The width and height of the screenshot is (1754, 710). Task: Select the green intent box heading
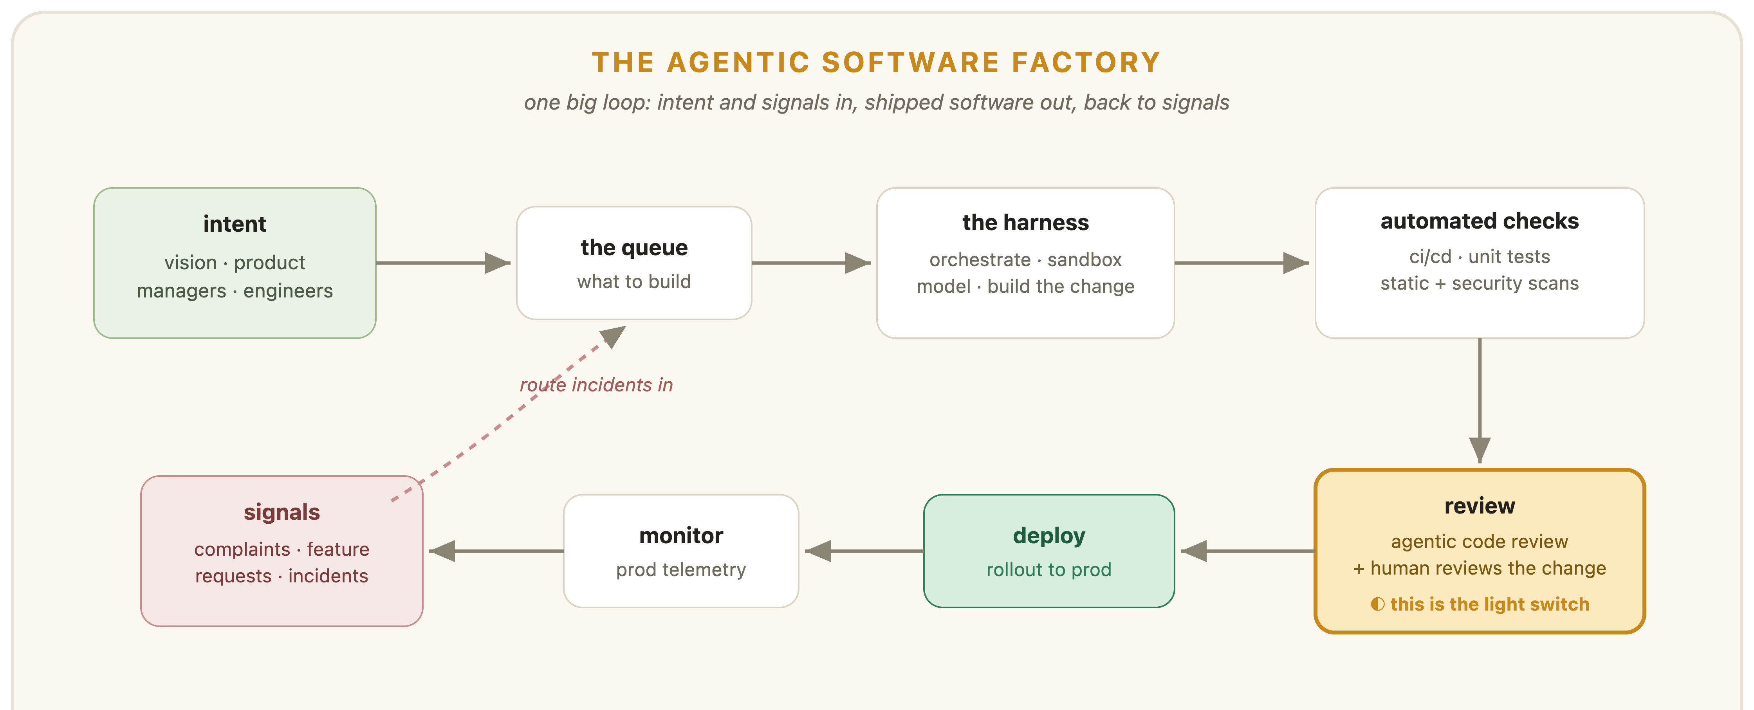tap(235, 224)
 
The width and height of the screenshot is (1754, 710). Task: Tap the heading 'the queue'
tap(634, 248)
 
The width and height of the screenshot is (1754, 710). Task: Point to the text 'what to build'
tap(634, 282)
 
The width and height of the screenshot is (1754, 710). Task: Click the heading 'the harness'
tap(1025, 223)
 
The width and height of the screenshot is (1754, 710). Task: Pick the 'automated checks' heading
tap(1480, 221)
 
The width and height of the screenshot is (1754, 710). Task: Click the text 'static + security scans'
tap(1480, 283)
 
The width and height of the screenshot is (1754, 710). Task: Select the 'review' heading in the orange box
tap(1480, 506)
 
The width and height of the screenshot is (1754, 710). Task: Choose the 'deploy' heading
tap(1048, 537)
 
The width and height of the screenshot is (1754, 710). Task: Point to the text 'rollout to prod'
tap(1048, 570)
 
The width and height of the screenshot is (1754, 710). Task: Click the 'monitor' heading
tap(681, 537)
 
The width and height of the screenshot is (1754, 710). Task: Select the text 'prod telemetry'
tap(681, 570)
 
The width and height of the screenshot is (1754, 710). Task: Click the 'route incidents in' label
tap(596, 385)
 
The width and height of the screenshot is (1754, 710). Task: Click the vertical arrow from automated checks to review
tap(1480, 401)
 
